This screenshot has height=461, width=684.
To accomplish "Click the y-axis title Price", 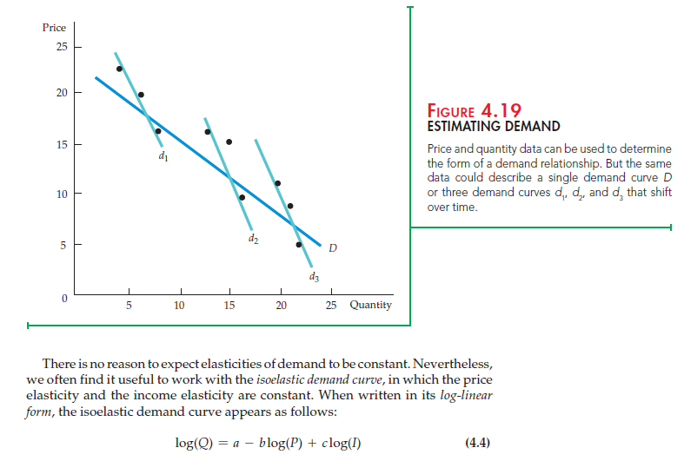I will pos(54,28).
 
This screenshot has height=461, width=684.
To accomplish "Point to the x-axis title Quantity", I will pos(370,305).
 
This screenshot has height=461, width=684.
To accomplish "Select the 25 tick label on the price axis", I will pos(62,46).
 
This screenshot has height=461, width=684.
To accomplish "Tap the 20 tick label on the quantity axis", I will pos(281,306).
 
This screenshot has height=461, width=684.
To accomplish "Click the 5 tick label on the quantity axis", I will pos(129,306).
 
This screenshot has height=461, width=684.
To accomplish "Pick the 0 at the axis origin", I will pos(63,298).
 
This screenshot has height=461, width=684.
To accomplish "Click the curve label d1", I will pos(163,157).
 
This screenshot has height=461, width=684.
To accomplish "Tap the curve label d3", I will pos(313,277).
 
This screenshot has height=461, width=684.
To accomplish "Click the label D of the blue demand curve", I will pos(333,248).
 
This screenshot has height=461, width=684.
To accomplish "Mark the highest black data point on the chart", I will pos(120,69).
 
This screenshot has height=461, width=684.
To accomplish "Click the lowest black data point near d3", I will pos(299,245).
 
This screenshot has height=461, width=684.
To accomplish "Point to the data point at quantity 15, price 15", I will pos(229,142).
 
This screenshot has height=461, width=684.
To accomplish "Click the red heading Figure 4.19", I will pos(475,111).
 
